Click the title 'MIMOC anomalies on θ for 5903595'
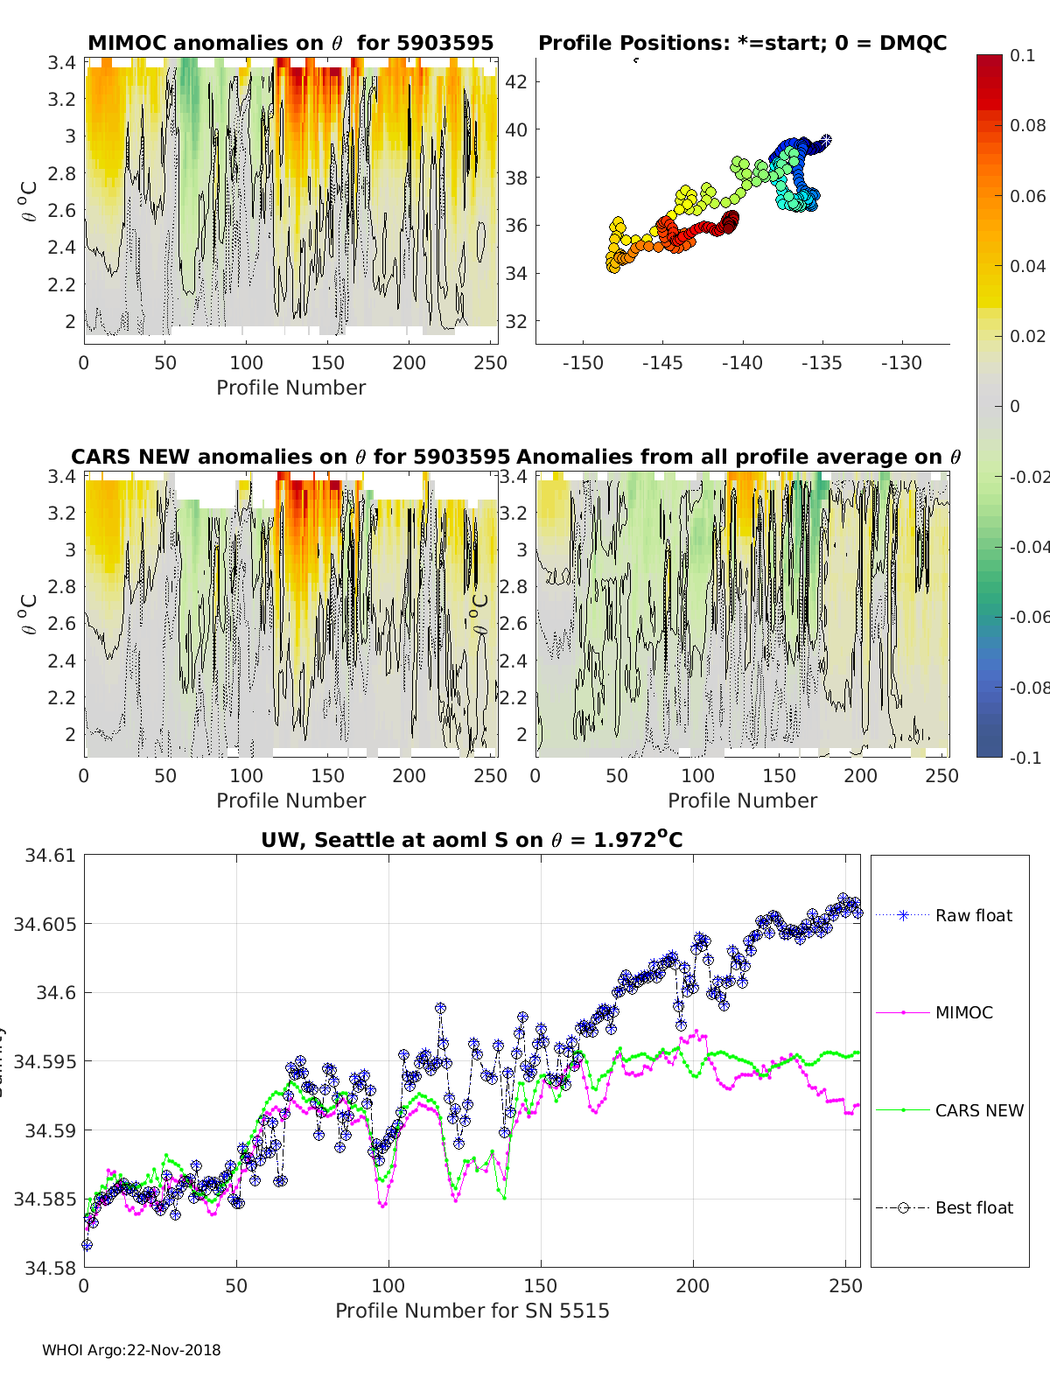click(x=290, y=43)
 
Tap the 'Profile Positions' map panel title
click(x=742, y=43)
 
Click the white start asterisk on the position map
click(x=825, y=140)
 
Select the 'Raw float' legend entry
click(x=973, y=915)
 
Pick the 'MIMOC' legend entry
click(x=963, y=1012)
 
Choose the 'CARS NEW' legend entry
click(x=978, y=1110)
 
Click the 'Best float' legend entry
click(x=973, y=1207)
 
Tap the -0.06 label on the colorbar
click(x=1028, y=617)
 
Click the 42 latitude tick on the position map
click(x=516, y=82)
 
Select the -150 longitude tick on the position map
click(x=583, y=363)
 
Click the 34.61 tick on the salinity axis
click(x=51, y=856)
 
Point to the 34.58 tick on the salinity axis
click(x=51, y=1268)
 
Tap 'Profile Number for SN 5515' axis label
click(x=472, y=1311)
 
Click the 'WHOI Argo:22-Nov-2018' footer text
click(x=131, y=1350)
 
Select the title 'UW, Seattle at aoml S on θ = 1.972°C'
click(x=472, y=840)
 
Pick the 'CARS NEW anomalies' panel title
click(x=290, y=457)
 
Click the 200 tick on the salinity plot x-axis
click(x=693, y=1286)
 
